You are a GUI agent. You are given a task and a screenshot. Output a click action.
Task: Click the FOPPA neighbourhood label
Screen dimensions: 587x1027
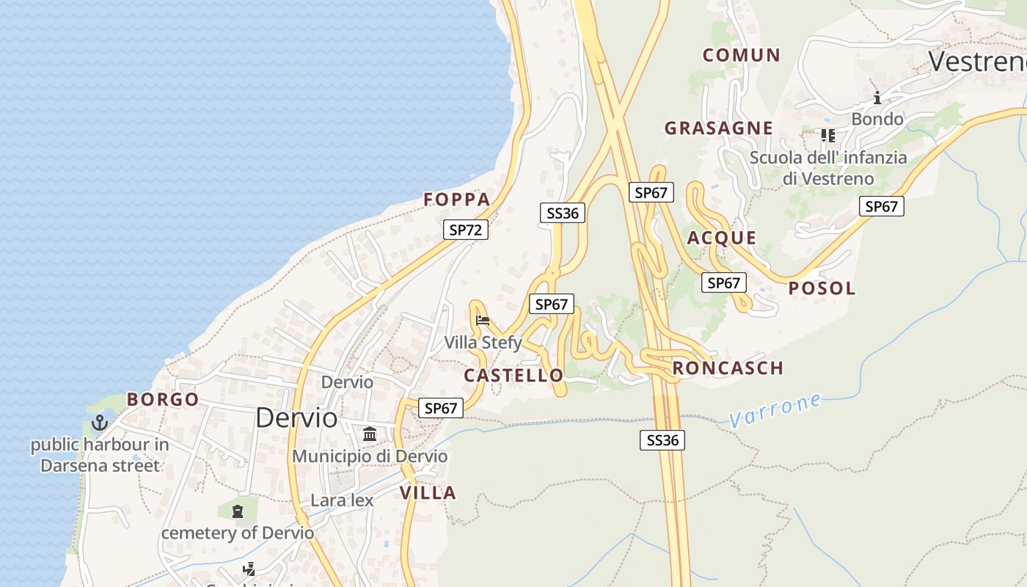point(456,200)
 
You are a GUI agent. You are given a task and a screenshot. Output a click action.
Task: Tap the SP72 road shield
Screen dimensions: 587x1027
point(465,230)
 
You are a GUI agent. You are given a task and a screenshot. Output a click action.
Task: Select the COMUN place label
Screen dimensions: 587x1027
point(741,55)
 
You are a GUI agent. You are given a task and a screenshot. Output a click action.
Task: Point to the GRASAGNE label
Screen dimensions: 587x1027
point(718,128)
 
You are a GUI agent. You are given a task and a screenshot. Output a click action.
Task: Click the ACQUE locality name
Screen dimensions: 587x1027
point(721,238)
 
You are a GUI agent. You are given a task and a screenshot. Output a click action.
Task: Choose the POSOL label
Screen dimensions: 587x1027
point(822,288)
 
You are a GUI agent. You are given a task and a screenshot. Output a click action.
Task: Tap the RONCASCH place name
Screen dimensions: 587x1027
point(728,368)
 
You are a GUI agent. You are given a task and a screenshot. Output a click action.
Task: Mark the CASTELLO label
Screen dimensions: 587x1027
point(513,376)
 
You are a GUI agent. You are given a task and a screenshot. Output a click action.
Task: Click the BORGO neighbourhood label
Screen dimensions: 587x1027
point(163,400)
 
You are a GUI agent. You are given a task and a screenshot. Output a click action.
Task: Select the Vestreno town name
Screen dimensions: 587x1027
point(977,61)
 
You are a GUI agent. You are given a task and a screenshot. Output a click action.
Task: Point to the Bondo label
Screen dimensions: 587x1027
point(877,119)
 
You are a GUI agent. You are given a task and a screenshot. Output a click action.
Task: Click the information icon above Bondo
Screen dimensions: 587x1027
point(877,98)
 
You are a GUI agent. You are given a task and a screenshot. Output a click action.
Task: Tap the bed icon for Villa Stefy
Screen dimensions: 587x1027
point(483,320)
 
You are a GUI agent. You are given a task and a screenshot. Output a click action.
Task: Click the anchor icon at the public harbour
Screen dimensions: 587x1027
point(99,423)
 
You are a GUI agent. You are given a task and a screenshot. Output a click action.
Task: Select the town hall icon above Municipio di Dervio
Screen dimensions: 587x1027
point(370,434)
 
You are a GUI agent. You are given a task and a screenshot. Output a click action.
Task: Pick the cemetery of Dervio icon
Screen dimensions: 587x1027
point(237,511)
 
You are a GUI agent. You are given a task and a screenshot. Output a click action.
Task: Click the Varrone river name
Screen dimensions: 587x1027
point(775,410)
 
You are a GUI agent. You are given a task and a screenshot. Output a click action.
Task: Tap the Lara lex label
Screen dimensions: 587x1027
point(342,500)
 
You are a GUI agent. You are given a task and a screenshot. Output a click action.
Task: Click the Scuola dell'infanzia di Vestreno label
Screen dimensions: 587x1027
point(827,168)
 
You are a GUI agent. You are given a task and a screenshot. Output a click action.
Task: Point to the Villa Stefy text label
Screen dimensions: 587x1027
point(483,343)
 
